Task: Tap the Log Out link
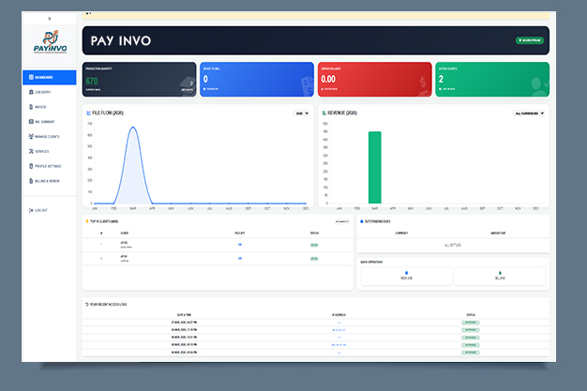click(x=41, y=210)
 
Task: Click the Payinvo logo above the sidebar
click(x=49, y=42)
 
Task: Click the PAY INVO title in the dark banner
click(x=121, y=41)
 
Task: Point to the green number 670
click(x=92, y=81)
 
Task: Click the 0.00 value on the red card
click(x=329, y=80)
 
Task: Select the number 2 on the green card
click(x=441, y=80)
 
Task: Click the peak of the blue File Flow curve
click(x=133, y=128)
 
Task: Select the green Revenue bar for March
click(x=374, y=167)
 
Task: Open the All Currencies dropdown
click(x=529, y=113)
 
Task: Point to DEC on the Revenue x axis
click(x=536, y=208)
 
